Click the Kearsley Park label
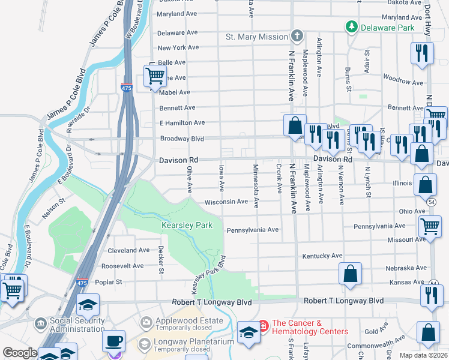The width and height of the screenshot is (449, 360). [187, 226]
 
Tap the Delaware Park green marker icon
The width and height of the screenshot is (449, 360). [351, 27]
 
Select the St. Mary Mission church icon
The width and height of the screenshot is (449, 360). [296, 37]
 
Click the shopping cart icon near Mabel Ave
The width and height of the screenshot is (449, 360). [155, 76]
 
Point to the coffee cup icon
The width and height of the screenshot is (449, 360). [113, 341]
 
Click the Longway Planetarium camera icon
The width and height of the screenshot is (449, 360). [144, 344]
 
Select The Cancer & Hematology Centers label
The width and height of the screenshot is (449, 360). [310, 327]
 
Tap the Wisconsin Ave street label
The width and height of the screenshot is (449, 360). [226, 202]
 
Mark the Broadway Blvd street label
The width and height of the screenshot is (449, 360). [182, 139]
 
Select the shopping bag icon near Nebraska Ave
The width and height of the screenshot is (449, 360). [350, 274]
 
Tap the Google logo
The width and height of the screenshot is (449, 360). [20, 353]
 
